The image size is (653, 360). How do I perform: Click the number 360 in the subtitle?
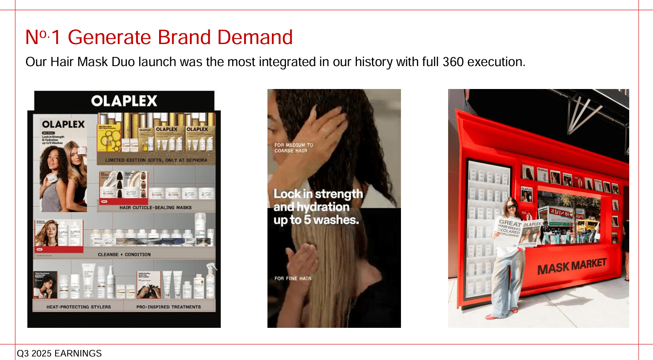coord(453,62)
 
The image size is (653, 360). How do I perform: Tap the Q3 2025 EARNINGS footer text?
coord(59,353)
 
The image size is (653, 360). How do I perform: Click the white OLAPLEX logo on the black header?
coord(124,101)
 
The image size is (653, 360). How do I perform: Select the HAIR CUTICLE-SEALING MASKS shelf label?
coord(155,207)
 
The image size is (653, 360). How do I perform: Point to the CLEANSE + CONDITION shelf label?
coord(124,254)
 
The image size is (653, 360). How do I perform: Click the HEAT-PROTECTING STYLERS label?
coord(78,307)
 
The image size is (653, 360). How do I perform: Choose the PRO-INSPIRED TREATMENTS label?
coord(168,307)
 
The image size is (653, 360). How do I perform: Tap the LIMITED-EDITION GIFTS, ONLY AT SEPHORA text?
coord(156,160)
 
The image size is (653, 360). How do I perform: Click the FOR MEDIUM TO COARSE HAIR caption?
coord(293,148)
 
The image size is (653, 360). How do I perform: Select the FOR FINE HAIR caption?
coord(293,278)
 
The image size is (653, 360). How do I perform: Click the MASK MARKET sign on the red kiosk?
coord(571,266)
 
